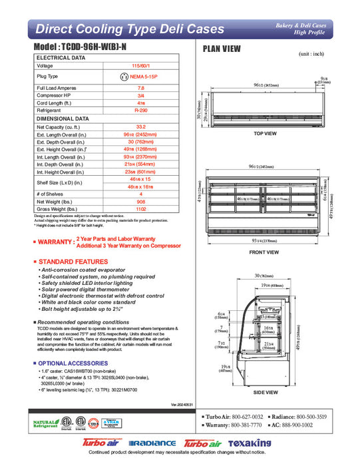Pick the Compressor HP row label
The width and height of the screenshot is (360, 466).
click(57, 95)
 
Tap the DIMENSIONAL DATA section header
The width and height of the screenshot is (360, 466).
click(63, 118)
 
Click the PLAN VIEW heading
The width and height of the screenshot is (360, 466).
click(222, 49)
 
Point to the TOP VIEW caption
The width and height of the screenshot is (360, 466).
click(265, 133)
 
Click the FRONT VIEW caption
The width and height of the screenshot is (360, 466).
click(265, 252)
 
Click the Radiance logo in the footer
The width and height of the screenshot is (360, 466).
click(152, 443)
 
